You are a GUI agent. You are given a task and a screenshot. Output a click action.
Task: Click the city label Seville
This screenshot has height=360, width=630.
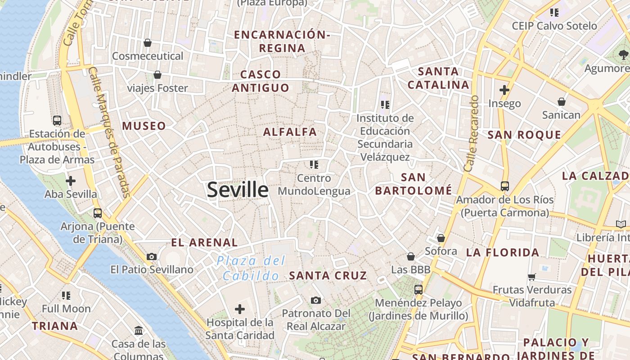coord(238,190)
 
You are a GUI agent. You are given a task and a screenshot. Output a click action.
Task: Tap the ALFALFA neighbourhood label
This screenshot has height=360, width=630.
coord(290,132)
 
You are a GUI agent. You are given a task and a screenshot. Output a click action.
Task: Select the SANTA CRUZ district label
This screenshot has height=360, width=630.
coord(328,275)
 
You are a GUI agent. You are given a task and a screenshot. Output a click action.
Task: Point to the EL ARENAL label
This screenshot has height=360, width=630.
coord(204,243)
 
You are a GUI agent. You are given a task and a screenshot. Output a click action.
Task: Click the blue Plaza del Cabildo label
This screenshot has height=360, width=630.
coord(251,268)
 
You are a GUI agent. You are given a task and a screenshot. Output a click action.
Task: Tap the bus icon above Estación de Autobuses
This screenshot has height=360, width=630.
coord(57,120)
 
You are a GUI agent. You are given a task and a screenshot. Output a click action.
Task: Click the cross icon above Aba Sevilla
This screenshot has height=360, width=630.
coord(71,181)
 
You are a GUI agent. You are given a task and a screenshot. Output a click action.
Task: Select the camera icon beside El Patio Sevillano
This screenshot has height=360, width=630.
coord(152,256)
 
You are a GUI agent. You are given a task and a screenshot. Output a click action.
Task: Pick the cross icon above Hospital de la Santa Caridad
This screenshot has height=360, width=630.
coord(240,309)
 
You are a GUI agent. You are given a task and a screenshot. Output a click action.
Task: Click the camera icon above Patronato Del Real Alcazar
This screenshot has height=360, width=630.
coord(316,300)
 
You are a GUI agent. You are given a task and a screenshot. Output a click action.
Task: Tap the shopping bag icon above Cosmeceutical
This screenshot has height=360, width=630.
coord(147,43)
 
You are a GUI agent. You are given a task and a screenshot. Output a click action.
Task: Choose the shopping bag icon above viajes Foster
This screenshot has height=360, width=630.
coord(157,75)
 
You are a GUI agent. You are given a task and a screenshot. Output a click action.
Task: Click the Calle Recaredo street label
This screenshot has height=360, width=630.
coord(471,133)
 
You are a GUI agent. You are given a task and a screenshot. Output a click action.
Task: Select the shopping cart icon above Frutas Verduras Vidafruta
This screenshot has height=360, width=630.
coord(532,276)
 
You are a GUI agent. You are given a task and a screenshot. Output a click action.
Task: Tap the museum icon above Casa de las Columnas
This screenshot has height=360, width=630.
coord(139,331)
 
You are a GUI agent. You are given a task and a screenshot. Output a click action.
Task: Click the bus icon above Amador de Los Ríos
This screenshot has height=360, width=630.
coord(505,186)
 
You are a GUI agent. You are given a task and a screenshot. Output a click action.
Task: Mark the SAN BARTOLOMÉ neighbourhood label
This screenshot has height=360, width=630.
coord(414,184)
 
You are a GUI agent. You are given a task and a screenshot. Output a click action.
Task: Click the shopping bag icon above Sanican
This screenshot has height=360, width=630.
coord(561,102)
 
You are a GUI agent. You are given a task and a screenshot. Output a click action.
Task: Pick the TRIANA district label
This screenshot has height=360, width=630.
coord(55,326)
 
